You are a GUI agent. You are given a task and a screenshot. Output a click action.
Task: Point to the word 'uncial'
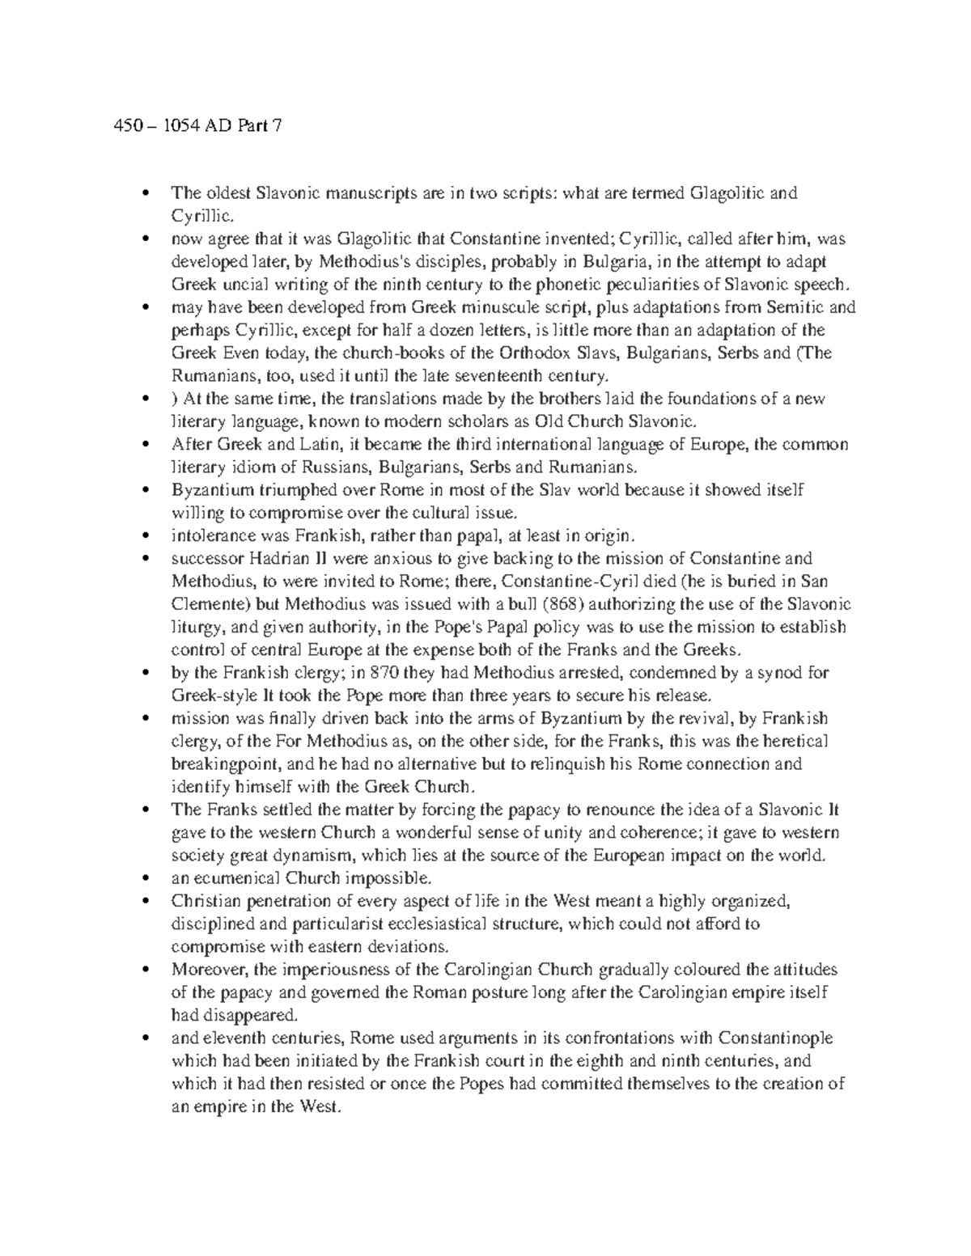239,285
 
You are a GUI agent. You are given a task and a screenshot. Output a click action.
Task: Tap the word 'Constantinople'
775,1038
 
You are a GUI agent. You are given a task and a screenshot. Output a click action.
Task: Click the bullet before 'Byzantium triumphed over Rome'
145,491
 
